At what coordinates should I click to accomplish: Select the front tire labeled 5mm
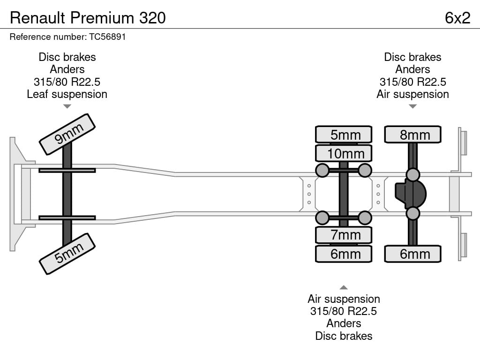[67, 254]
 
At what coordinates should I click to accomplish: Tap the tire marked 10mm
[344, 153]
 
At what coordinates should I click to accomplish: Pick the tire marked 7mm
[344, 235]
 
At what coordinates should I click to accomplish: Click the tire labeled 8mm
[412, 135]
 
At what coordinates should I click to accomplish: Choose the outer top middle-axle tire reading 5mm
[344, 135]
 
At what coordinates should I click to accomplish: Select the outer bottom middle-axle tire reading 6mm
[344, 254]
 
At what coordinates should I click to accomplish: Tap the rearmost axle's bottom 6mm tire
[412, 254]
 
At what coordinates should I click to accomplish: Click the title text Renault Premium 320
[88, 18]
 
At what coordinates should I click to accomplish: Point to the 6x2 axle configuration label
[457, 18]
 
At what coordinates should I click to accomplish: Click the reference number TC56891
[107, 37]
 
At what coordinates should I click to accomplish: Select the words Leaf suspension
[67, 94]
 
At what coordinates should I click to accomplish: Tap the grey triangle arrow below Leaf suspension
[67, 106]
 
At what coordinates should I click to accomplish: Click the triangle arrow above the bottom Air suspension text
[344, 287]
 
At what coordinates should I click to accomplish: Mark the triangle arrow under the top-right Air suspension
[412, 106]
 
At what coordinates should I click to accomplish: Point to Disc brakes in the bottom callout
[344, 336]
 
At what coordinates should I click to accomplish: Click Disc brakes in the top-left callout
[67, 57]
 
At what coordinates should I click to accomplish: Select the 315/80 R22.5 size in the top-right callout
[412, 82]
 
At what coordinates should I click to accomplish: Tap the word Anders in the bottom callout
[344, 323]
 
